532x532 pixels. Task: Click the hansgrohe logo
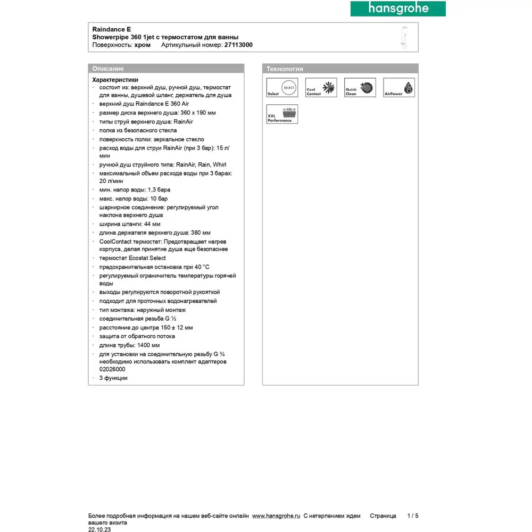(x=397, y=9)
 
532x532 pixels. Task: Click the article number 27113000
(x=238, y=45)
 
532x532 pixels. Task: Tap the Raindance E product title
(x=112, y=29)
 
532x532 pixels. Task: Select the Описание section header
(x=108, y=69)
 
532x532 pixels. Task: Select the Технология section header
(x=285, y=69)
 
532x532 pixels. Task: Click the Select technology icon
(x=282, y=88)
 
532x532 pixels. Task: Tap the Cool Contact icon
(x=321, y=88)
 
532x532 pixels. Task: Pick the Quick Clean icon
(x=360, y=88)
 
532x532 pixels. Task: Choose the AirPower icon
(x=398, y=88)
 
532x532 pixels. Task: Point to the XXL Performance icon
(x=282, y=114)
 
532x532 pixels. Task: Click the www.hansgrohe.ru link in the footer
(x=276, y=516)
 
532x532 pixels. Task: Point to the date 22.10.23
(x=99, y=529)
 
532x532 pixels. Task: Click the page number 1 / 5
(x=413, y=516)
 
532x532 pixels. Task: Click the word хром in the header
(x=143, y=45)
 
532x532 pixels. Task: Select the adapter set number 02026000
(x=112, y=369)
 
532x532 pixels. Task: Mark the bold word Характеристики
(x=115, y=79)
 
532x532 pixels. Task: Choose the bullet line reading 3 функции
(x=113, y=378)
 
